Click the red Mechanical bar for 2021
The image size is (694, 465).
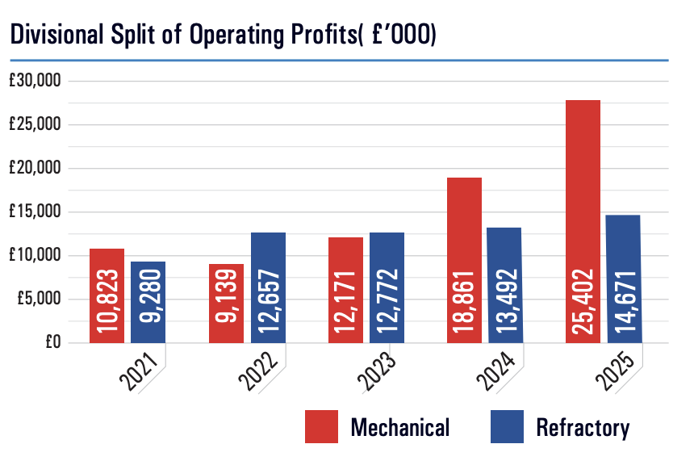[x=107, y=295]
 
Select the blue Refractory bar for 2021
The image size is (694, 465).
[x=148, y=302]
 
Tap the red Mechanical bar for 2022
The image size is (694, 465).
[x=226, y=303]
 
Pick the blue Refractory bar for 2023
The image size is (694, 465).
[x=387, y=287]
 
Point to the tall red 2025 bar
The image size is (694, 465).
[x=583, y=221]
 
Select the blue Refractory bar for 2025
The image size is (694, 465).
[x=622, y=279]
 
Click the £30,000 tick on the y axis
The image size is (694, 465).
[x=36, y=82]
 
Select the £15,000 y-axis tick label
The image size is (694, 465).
[x=36, y=212]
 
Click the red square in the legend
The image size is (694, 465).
[x=321, y=426]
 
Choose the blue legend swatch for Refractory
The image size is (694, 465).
[x=507, y=426]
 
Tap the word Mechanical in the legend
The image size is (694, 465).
[x=399, y=427]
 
